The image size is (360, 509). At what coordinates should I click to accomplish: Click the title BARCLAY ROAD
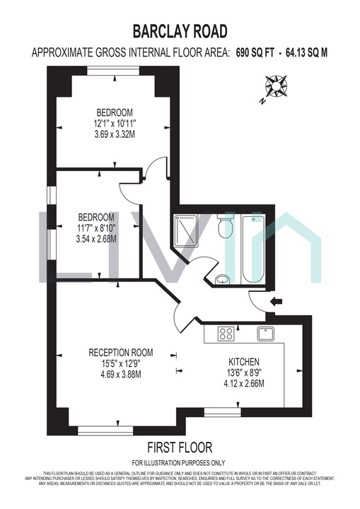click(x=180, y=30)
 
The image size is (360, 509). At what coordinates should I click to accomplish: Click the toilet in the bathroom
click(x=226, y=228)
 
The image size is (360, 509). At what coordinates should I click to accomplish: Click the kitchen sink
click(x=267, y=333)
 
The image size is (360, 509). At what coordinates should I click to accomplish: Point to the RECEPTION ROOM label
click(x=120, y=352)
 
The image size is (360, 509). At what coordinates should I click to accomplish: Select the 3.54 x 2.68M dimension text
click(x=96, y=238)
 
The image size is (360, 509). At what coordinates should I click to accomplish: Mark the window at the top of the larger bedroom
click(x=113, y=70)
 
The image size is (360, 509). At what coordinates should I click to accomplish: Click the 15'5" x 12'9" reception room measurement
click(x=121, y=363)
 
